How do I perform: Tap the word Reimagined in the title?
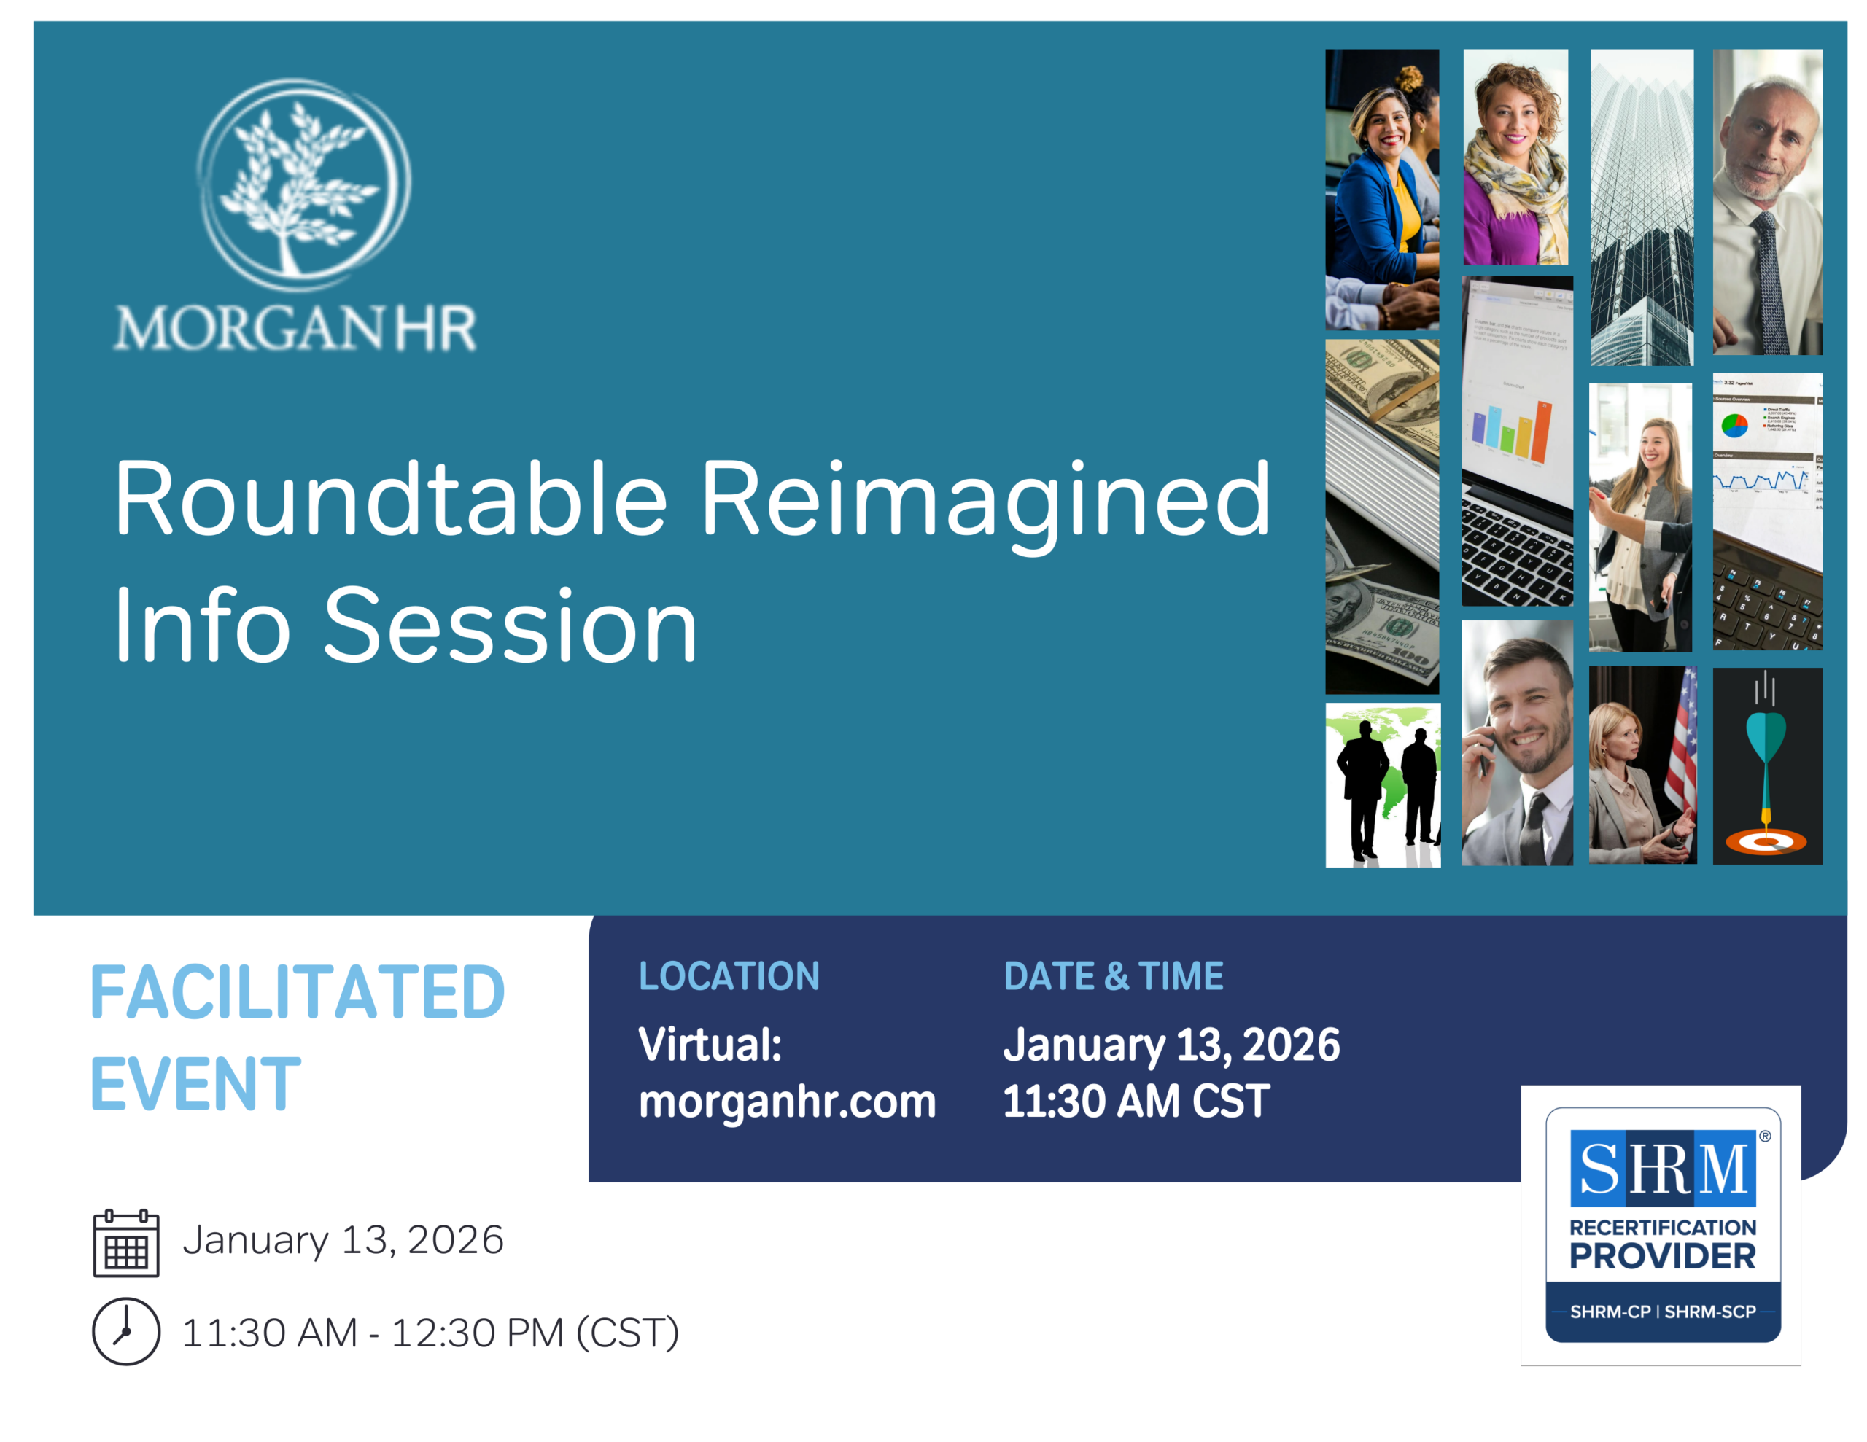coord(986,504)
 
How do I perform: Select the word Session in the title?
coord(511,625)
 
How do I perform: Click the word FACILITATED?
coord(298,992)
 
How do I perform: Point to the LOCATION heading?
coord(729,976)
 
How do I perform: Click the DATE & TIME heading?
coord(1114,976)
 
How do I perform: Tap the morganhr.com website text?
coord(788,1101)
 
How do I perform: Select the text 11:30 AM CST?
coord(1136,1101)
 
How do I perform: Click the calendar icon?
coord(126,1243)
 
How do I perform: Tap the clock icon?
coord(126,1332)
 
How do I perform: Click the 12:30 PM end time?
coord(478,1333)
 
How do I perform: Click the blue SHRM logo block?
coord(1663,1168)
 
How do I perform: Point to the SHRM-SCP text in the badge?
coord(1709,1312)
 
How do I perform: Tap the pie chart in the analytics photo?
coord(1734,425)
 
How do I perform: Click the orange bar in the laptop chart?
coord(1540,432)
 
